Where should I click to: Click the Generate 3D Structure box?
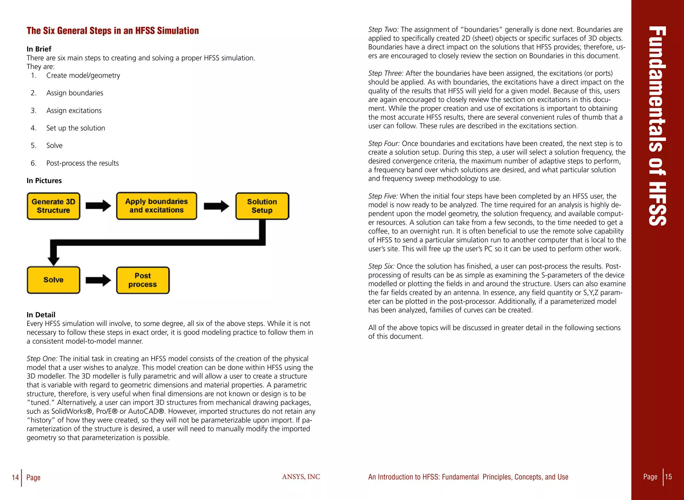click(x=53, y=206)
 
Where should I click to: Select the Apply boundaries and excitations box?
click(x=156, y=206)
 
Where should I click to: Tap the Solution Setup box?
click(x=262, y=206)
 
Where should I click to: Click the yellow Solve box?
click(x=53, y=280)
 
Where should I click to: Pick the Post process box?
click(x=143, y=280)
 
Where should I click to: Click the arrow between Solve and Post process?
click(x=98, y=280)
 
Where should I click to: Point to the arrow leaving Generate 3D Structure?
click(x=98, y=206)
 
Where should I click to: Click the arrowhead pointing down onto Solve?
click(x=53, y=260)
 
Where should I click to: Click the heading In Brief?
click(x=39, y=49)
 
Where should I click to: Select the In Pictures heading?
click(x=44, y=181)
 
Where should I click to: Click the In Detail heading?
click(x=41, y=315)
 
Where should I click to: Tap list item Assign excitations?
click(x=74, y=111)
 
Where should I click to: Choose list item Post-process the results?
click(x=82, y=163)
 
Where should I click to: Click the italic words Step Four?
click(x=384, y=144)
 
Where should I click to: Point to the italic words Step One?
click(x=42, y=359)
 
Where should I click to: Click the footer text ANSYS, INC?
click(x=301, y=477)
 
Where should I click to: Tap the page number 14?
click(x=15, y=477)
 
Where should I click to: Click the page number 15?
click(x=668, y=477)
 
